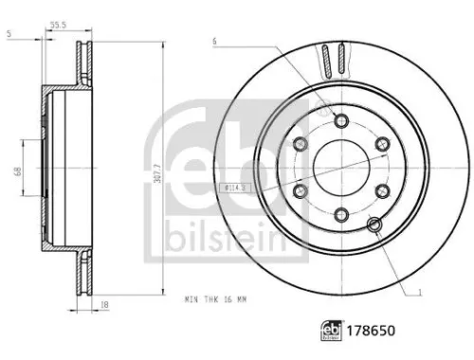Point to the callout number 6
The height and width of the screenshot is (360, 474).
click(215, 40)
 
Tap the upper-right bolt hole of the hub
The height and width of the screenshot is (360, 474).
click(383, 143)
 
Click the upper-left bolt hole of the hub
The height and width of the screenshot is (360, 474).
click(301, 143)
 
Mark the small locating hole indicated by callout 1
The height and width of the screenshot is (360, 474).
click(374, 224)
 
